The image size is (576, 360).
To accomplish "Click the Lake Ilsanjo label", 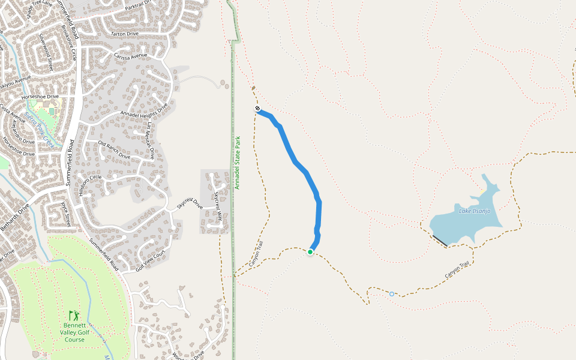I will point(475,211).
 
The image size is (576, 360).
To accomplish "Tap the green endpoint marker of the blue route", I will point(310,252).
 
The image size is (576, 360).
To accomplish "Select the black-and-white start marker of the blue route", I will point(257,109).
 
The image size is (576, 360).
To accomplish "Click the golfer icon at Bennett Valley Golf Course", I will point(74,315).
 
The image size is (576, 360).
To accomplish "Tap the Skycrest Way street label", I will point(219,206).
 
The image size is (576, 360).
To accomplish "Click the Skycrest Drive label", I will point(190,203).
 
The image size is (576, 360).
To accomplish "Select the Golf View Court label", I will point(150,262).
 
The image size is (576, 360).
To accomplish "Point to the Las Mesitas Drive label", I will point(151,140).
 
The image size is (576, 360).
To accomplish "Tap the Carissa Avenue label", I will point(130,56).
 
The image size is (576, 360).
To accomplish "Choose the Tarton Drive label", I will point(124,34).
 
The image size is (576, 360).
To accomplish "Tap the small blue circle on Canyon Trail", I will point(392,293).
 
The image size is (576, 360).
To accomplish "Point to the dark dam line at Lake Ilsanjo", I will point(439,240).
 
